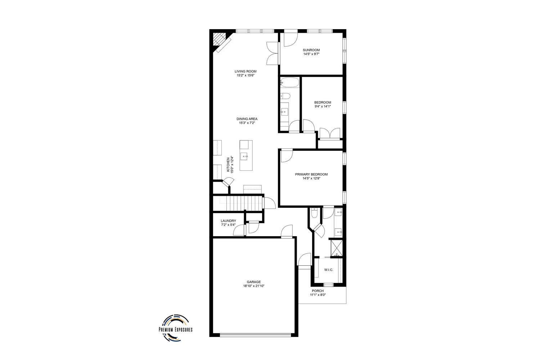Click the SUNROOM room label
coord(311,50)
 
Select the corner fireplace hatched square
coord(219,39)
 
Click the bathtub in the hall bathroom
coord(289,82)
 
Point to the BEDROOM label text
coord(323,103)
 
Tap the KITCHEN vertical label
coord(228,165)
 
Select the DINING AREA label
coord(247,119)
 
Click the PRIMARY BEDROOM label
coord(311,174)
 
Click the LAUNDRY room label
coord(228,221)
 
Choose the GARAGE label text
coord(253,282)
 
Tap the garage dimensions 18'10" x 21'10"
coord(253,286)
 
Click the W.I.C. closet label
coord(329,270)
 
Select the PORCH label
coord(318,291)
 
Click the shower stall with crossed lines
coord(336,248)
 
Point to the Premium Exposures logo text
coord(176,329)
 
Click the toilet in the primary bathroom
coord(314,213)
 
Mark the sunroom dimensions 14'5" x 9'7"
coord(311,54)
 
